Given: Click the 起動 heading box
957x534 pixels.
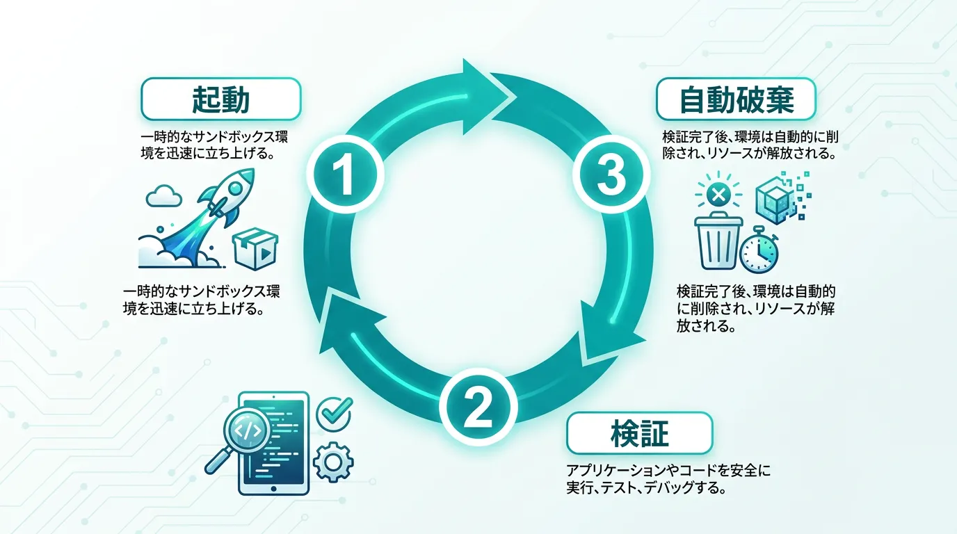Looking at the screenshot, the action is point(221,99).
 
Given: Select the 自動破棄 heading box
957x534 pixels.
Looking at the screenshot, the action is point(736,99).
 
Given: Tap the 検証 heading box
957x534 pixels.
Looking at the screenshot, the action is point(640,433).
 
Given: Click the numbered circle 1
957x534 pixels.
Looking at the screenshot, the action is point(345,175).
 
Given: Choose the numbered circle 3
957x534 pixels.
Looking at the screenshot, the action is point(611,175).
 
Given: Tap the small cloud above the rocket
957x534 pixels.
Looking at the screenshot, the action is point(163,196).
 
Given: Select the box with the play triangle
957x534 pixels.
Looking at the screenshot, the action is point(255,249).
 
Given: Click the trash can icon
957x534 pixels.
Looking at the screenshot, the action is point(718,241).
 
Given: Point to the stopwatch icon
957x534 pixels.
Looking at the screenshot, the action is point(759,250).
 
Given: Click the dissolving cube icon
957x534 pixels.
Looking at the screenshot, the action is point(782,197).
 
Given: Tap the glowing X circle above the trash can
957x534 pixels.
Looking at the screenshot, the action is point(718,195).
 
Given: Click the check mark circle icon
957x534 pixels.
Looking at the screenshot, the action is point(335,414).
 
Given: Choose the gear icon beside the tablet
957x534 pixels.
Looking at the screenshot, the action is point(333,462).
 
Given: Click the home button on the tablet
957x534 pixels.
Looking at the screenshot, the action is point(273,488).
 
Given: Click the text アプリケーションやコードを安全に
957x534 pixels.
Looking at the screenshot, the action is point(668,470).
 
